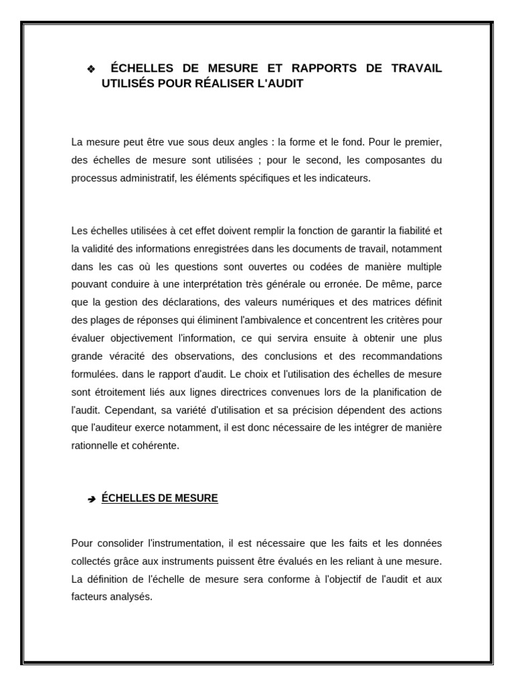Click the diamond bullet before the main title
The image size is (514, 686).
click(91, 70)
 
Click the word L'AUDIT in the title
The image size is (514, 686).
click(277, 84)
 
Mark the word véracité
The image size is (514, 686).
click(124, 356)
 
